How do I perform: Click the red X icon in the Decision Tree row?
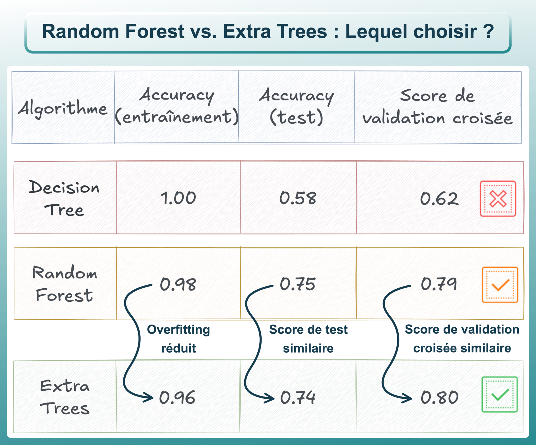click(x=498, y=199)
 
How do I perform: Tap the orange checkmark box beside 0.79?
click(x=500, y=285)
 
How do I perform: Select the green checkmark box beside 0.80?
click(x=499, y=395)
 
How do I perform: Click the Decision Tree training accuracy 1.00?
click(x=178, y=198)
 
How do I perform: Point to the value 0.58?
click(x=298, y=198)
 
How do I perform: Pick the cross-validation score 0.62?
click(x=439, y=199)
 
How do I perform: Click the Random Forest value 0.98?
click(x=178, y=284)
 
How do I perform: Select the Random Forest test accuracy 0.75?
click(x=298, y=284)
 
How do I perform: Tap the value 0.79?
click(x=439, y=284)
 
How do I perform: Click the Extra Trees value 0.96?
click(x=177, y=397)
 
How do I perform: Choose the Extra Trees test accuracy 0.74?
click(x=298, y=397)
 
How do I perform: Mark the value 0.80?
click(x=439, y=397)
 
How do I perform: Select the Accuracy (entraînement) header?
click(x=177, y=106)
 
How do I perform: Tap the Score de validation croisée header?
click(x=437, y=107)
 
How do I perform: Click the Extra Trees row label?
click(x=65, y=397)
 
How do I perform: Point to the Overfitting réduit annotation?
click(x=178, y=339)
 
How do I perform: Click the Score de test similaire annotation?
click(x=308, y=339)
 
